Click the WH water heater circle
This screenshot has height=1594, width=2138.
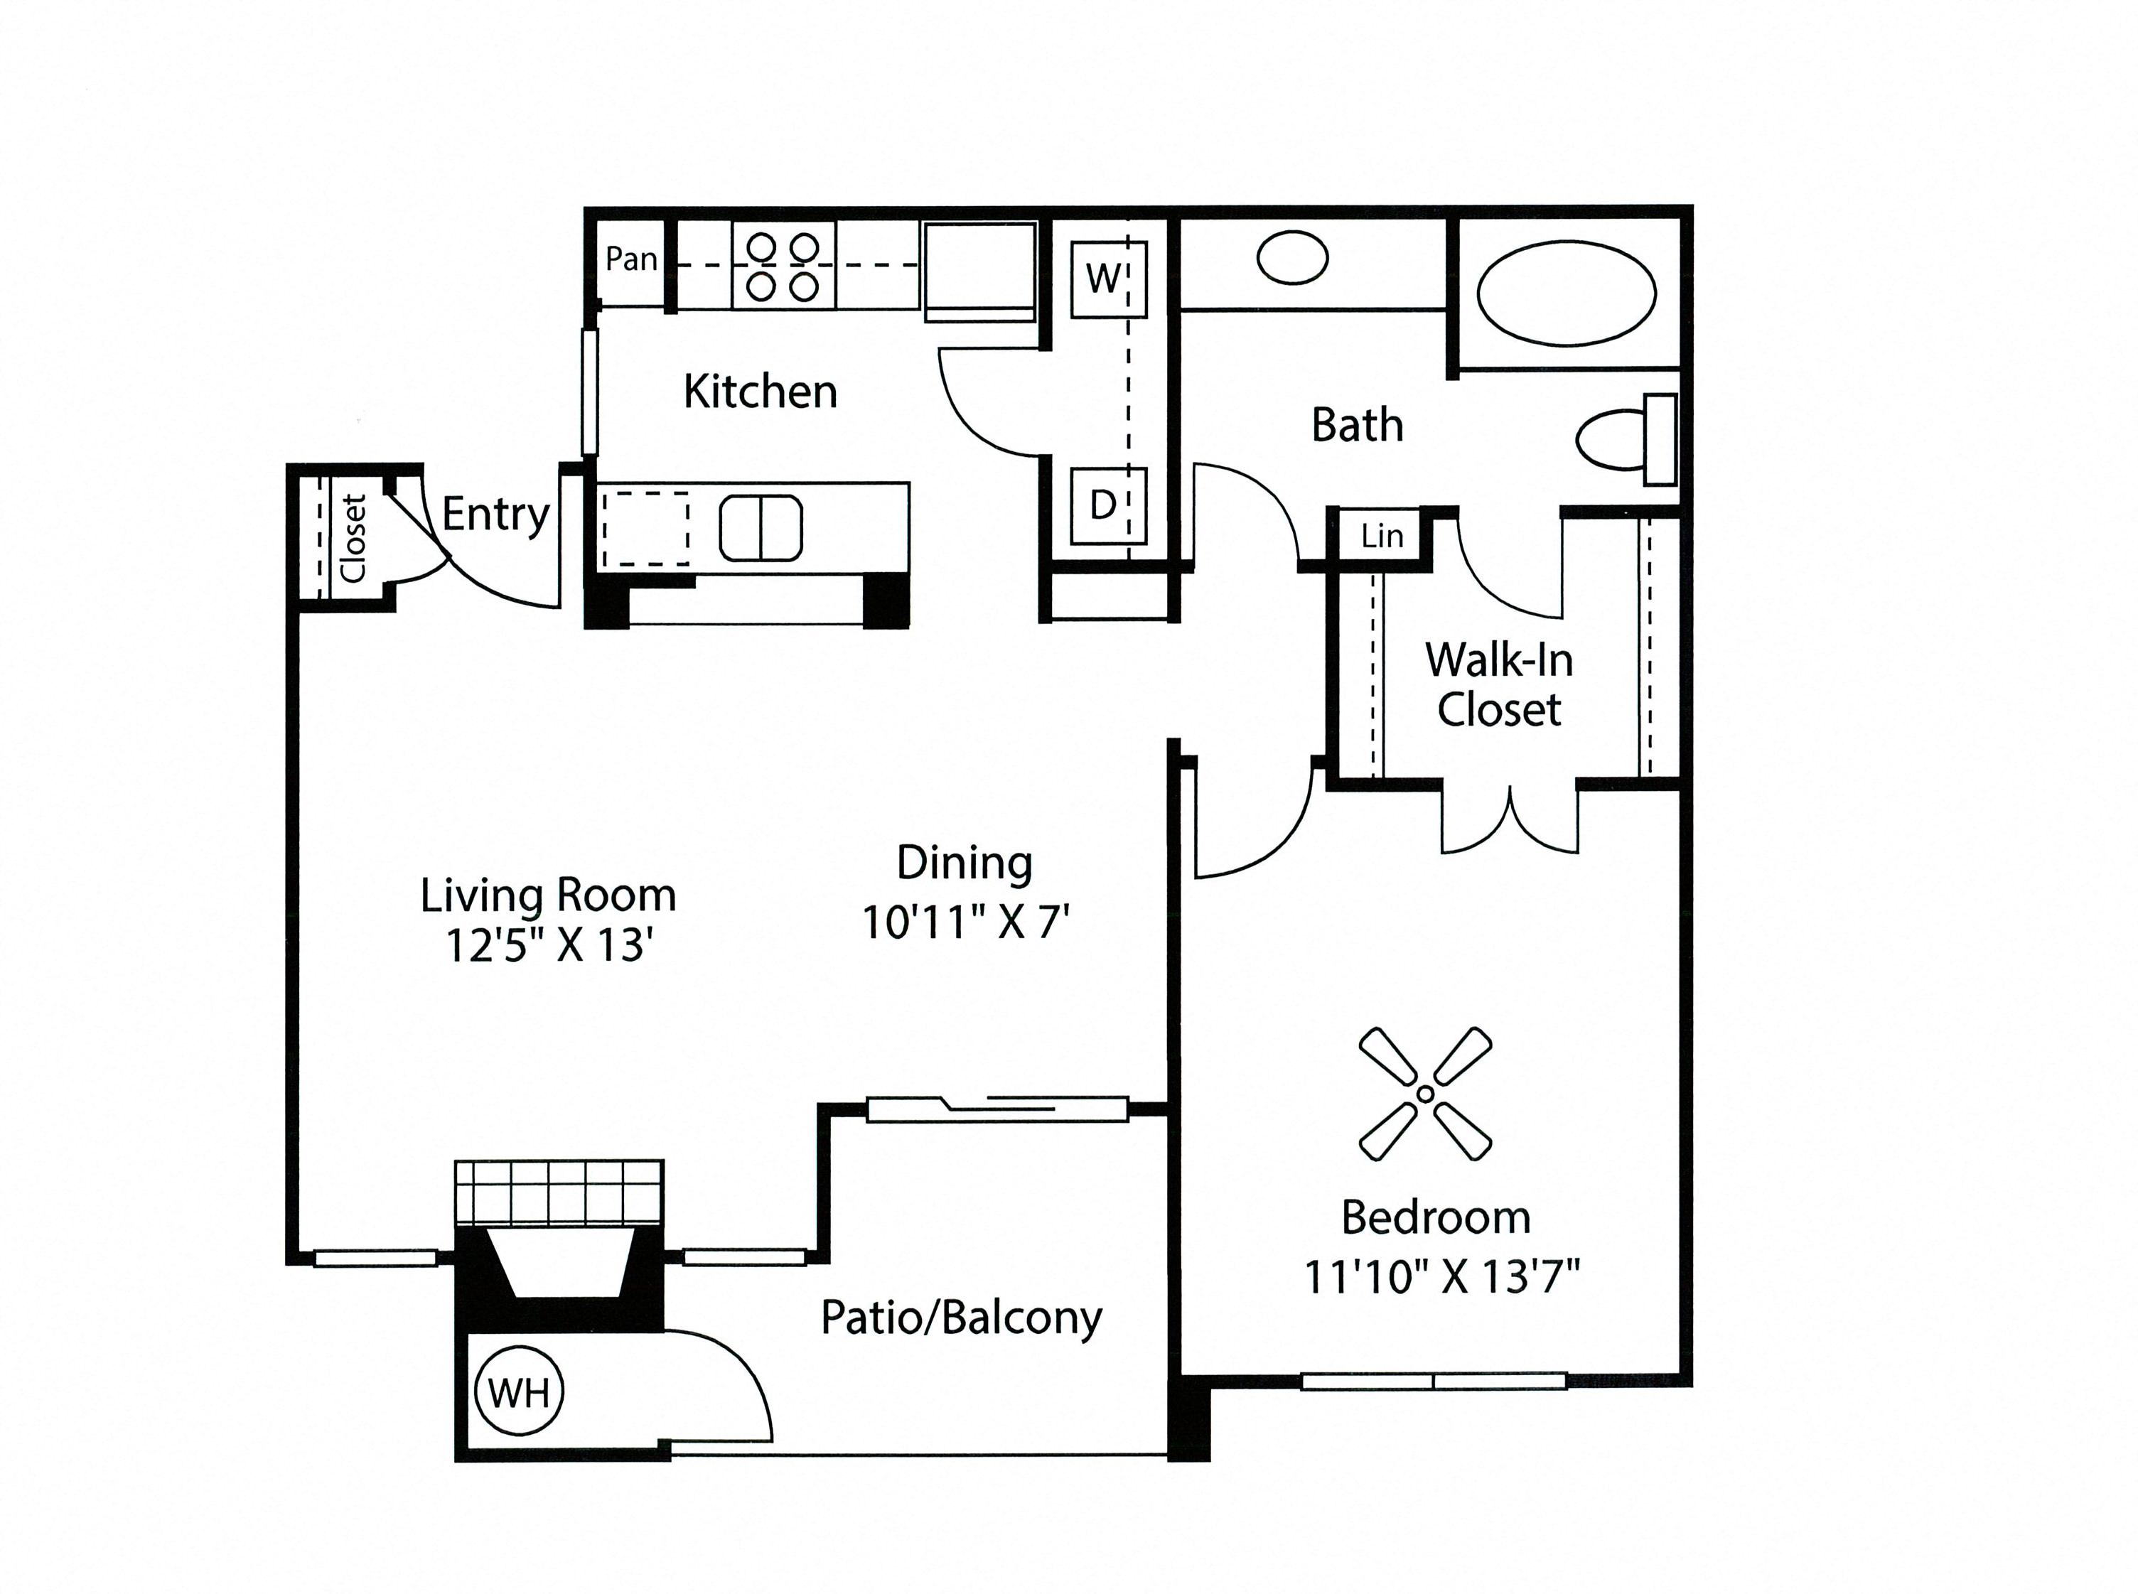[519, 1392]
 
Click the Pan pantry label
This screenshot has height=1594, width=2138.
[631, 259]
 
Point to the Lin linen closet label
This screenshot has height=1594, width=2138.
[1382, 536]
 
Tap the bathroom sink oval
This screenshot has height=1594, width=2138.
[1293, 258]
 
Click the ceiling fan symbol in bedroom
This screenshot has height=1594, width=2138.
[1425, 1093]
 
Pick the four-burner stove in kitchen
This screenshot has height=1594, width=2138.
[783, 266]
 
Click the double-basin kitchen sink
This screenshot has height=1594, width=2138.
[761, 528]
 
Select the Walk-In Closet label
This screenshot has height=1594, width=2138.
[1499, 684]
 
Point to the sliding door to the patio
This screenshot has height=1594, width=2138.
[997, 1109]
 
